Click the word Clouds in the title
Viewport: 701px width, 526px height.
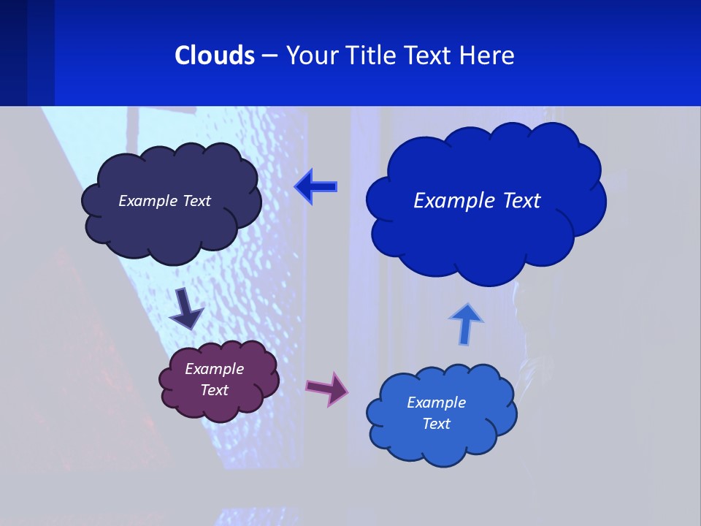(215, 56)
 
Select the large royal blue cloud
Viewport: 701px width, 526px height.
(486, 241)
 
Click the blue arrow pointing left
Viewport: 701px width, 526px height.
(316, 186)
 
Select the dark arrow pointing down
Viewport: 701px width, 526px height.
(186, 308)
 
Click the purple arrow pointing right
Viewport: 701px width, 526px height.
(327, 388)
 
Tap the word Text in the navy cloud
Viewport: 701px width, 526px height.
(196, 201)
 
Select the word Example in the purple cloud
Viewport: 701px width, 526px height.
(214, 369)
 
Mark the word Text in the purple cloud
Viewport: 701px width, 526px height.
(214, 390)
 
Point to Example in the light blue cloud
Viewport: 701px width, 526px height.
(436, 403)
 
